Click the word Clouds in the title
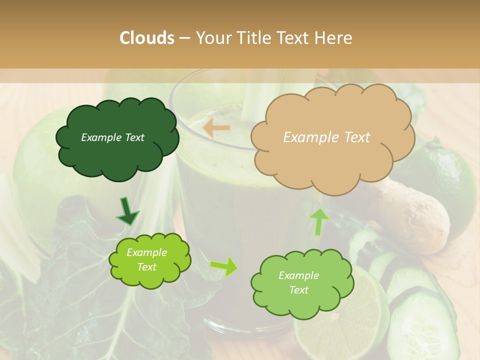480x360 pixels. tap(147, 38)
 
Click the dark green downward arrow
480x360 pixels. tap(127, 211)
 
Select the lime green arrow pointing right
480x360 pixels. tap(224, 266)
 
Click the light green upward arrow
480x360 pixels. tap(319, 221)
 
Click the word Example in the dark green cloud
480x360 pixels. tap(98, 137)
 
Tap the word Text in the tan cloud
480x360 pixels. tap(354, 137)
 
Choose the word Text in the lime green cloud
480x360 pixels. tap(147, 267)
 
